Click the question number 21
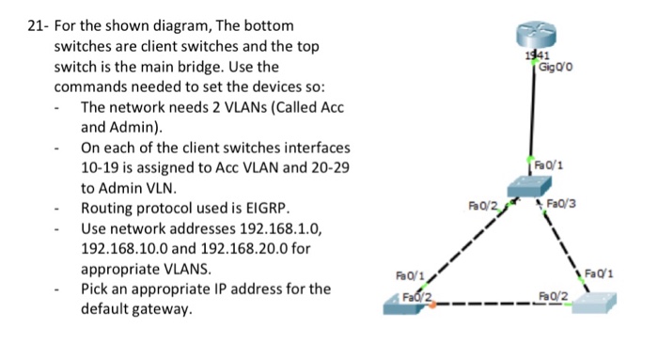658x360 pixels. coord(31,25)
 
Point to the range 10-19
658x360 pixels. coord(102,167)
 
